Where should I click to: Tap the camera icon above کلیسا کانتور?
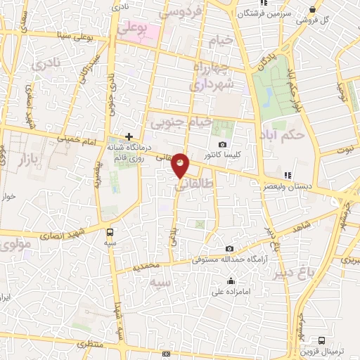[x=223, y=144]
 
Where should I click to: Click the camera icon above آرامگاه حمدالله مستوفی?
[x=230, y=249]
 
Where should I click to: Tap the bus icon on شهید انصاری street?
[x=110, y=232]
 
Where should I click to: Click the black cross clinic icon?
[x=129, y=136]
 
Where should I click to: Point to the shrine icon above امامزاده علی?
[x=231, y=281]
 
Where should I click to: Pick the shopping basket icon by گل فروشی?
[x=312, y=9]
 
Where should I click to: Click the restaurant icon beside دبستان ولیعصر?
[x=286, y=175]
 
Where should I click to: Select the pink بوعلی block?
[x=138, y=30]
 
